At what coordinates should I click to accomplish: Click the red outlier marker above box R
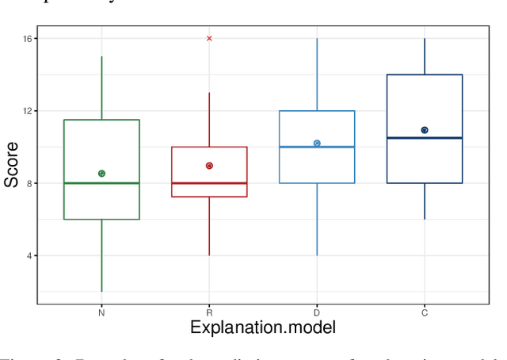pyautogui.click(x=209, y=38)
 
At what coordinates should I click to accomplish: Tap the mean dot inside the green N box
pyautogui.click(x=101, y=173)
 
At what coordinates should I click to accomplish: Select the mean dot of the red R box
pyautogui.click(x=209, y=166)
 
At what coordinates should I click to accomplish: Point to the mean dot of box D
pyautogui.click(x=317, y=144)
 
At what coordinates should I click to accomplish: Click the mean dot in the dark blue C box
pyautogui.click(x=425, y=130)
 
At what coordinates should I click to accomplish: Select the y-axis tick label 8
pyautogui.click(x=29, y=183)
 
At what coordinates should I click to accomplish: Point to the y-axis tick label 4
pyautogui.click(x=29, y=256)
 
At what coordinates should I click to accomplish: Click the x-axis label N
pyautogui.click(x=101, y=313)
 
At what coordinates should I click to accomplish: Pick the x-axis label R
pyautogui.click(x=209, y=313)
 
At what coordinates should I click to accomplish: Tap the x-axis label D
pyautogui.click(x=317, y=313)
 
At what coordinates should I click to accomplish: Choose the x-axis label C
pyautogui.click(x=425, y=313)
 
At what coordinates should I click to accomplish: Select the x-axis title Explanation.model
pyautogui.click(x=263, y=327)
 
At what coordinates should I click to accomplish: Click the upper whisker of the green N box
pyautogui.click(x=101, y=87)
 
